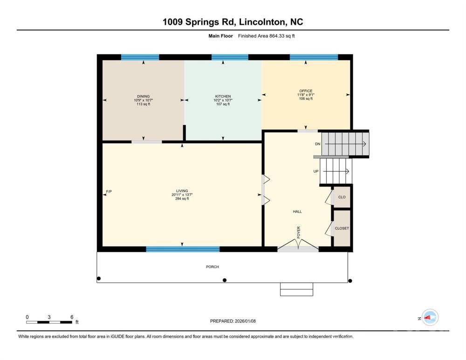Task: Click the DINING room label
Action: point(143,97)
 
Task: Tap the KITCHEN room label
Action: point(223,97)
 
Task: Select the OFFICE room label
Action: point(306,91)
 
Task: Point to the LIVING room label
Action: point(182,191)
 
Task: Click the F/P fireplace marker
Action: point(109,192)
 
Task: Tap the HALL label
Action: point(297,212)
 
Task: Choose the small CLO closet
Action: point(342,197)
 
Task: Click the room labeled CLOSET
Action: point(342,228)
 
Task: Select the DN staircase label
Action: point(318,144)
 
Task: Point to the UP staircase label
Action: point(316,171)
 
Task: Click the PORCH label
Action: point(212,267)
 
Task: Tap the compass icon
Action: point(430,318)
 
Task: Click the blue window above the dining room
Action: point(140,57)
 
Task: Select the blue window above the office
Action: point(314,57)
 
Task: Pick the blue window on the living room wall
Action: point(183,249)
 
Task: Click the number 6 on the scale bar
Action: point(72,317)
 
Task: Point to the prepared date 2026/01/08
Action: point(245,321)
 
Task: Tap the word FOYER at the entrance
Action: point(299,232)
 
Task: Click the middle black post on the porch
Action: point(225,280)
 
